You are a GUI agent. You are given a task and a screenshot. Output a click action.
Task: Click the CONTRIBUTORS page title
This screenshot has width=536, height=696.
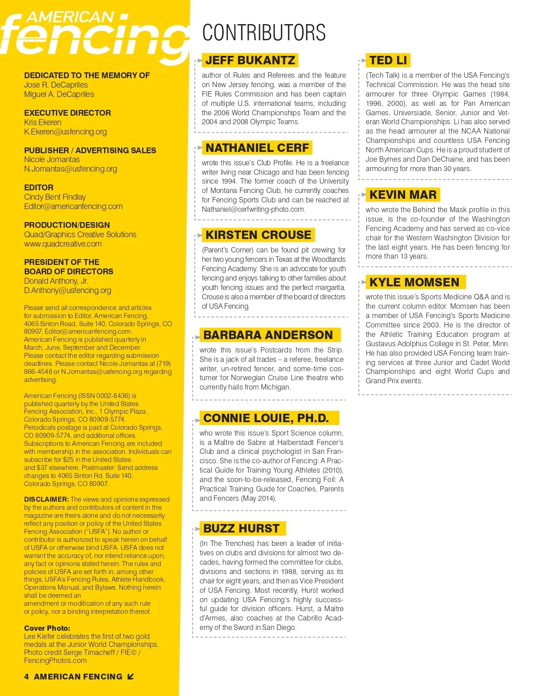[264, 33]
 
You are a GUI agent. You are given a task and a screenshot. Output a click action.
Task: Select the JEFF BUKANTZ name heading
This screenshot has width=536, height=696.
[250, 60]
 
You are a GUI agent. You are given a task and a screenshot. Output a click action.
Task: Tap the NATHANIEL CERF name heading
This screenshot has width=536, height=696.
[257, 148]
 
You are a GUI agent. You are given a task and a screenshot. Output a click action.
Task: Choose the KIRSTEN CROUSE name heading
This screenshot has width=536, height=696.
[258, 235]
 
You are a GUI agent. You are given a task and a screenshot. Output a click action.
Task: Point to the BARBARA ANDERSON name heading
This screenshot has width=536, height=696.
[268, 335]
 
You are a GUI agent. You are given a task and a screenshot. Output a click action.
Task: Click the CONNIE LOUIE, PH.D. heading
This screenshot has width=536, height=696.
[266, 418]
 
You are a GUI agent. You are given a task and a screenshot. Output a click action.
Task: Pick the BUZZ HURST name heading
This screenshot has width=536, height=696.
[241, 528]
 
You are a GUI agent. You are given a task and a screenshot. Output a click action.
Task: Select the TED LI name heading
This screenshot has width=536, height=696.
[388, 60]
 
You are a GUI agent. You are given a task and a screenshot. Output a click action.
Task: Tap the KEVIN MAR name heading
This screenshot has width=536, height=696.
[403, 195]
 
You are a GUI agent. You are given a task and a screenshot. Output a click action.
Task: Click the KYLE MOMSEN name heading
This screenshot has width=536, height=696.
[414, 282]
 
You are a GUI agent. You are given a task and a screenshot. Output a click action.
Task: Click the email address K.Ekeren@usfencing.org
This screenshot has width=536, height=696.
[65, 132]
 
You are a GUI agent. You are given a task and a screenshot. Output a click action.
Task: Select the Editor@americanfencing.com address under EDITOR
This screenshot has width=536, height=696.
[73, 206]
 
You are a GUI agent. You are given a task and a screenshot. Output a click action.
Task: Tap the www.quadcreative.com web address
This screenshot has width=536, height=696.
[63, 244]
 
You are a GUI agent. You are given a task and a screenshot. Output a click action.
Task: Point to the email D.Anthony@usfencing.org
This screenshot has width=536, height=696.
[67, 290]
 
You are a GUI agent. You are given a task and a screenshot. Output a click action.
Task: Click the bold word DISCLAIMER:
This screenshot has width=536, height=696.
[46, 499]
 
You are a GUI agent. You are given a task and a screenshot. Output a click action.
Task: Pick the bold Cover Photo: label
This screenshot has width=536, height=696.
[47, 628]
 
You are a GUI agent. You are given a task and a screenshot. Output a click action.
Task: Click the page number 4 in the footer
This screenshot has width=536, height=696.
[26, 677]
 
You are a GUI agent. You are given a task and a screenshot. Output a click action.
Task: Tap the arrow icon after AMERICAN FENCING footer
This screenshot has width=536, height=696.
[130, 677]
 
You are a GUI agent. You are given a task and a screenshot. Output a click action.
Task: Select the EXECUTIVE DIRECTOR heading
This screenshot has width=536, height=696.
[67, 113]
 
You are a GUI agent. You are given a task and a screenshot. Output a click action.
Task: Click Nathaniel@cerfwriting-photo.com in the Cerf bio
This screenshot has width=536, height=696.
[253, 210]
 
